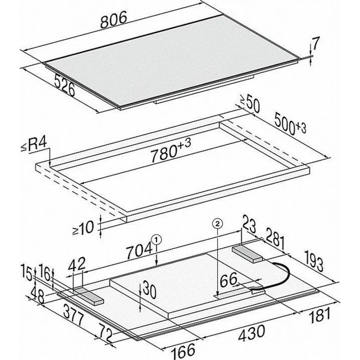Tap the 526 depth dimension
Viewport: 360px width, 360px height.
[65, 86]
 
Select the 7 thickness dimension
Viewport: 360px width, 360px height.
[315, 44]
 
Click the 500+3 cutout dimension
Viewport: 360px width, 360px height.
[290, 124]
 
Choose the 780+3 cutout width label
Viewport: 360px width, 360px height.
[171, 151]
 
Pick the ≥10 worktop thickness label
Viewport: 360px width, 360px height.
[83, 228]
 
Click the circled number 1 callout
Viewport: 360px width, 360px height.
[157, 240]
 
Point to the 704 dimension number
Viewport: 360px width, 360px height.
[139, 251]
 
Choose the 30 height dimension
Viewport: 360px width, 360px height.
[150, 291]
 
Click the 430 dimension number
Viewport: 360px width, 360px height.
[252, 332]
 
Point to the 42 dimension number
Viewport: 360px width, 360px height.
[77, 264]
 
